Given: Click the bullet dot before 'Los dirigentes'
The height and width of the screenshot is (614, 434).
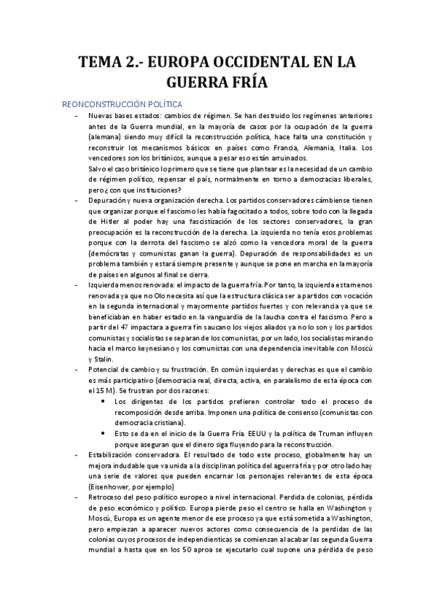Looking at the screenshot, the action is (105, 400).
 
